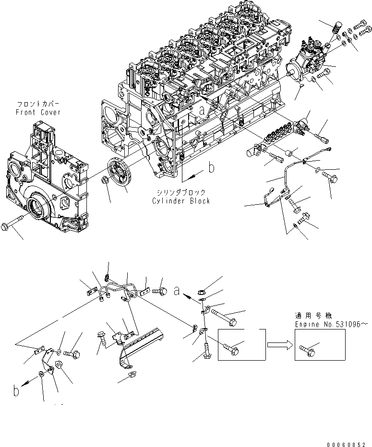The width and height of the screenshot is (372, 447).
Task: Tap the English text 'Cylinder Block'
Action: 181,201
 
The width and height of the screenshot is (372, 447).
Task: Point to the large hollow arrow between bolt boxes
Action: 281,344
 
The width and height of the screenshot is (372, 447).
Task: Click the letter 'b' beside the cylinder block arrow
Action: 210,167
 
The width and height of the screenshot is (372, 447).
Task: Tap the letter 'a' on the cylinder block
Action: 203,110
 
